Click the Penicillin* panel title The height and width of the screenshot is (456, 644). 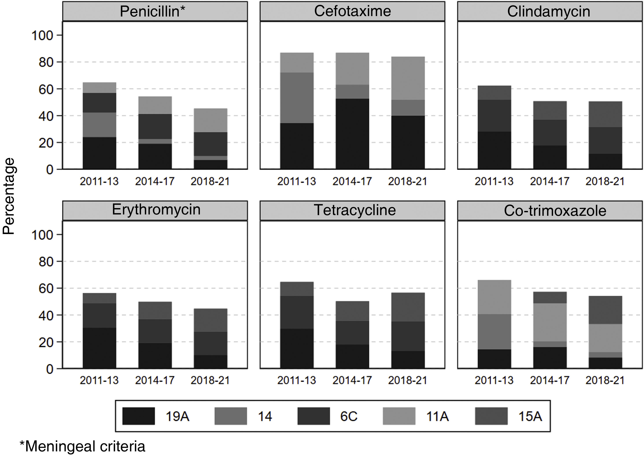tap(152, 11)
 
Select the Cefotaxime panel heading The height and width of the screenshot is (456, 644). tap(352, 11)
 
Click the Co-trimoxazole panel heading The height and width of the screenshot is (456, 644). tap(555, 210)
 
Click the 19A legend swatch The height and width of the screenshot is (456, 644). tap(139, 416)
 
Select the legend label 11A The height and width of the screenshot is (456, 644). tap(437, 416)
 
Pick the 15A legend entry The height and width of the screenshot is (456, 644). tap(530, 416)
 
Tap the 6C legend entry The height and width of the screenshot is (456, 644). tap(349, 416)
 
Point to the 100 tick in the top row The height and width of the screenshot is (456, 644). tap(42, 36)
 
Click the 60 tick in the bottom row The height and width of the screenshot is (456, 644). tap(46, 289)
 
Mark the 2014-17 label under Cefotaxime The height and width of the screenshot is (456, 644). tap(352, 181)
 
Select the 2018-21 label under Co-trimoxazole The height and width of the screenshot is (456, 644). tap(605, 380)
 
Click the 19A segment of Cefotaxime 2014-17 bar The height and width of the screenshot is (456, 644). tap(352, 134)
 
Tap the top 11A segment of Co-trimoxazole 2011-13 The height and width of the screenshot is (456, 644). tap(494, 297)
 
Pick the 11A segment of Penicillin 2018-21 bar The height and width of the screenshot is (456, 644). tap(210, 120)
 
